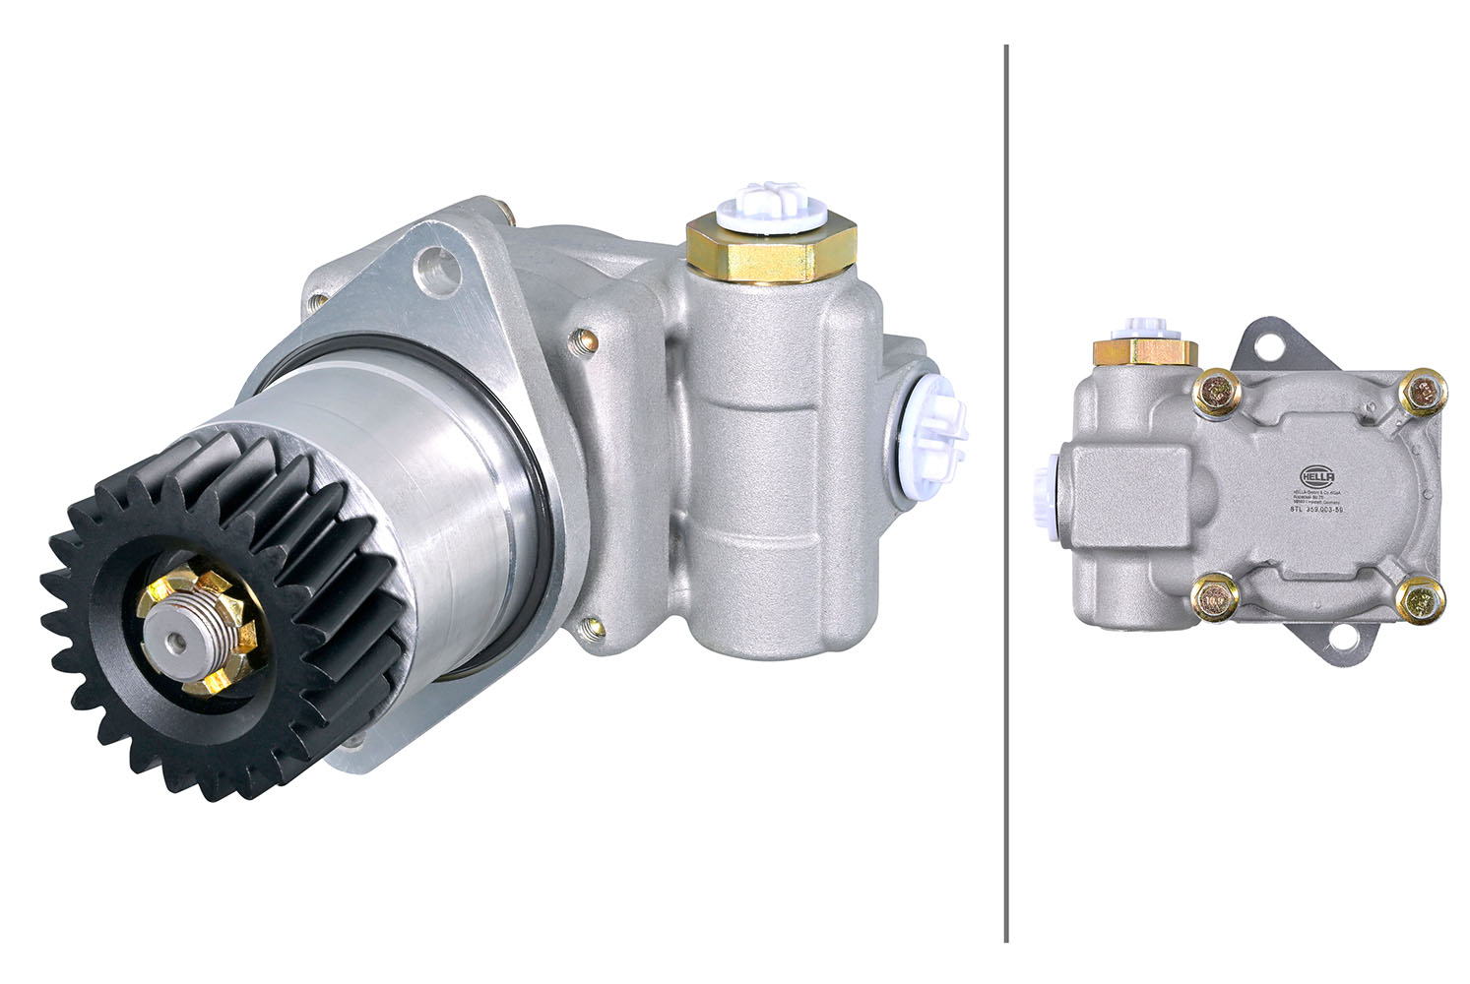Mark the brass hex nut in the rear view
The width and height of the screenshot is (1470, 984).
[x=1144, y=351]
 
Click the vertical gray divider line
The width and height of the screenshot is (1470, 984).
[x=1005, y=492]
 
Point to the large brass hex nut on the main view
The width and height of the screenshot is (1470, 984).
[x=771, y=250]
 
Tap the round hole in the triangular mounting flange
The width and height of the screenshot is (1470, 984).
[x=439, y=268]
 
